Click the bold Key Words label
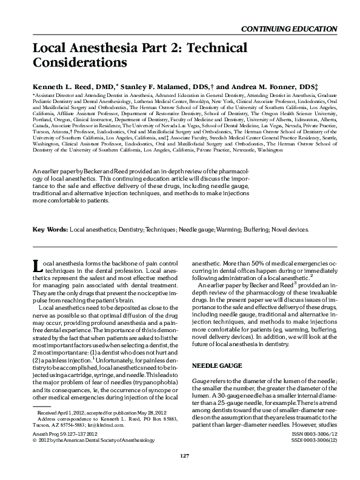coord(48,230)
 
